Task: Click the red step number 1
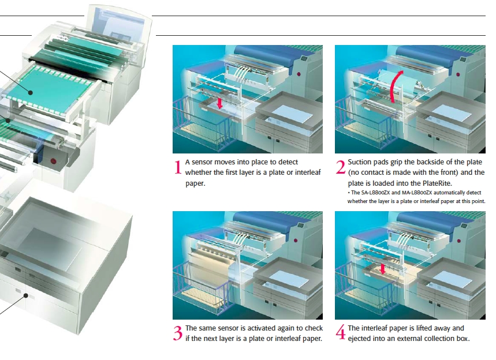178,167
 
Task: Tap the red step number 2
341,167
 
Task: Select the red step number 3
178,333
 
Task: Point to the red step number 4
341,333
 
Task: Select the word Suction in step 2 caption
361,163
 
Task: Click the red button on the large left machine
54,161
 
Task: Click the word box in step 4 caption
463,339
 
